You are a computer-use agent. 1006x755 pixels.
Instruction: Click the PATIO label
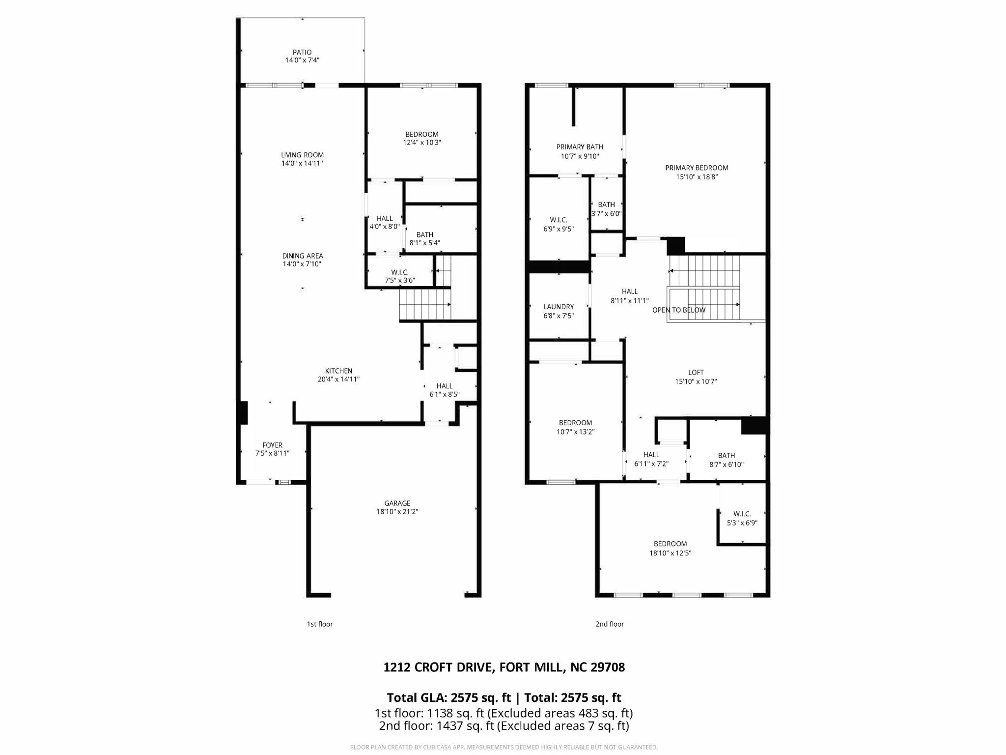click(x=302, y=52)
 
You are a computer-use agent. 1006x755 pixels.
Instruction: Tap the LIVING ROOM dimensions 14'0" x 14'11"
click(x=302, y=163)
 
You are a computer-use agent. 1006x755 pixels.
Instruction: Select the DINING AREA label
click(x=302, y=256)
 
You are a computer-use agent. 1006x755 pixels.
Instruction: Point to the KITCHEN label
click(x=338, y=371)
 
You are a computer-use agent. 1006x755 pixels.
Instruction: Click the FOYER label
click(x=272, y=445)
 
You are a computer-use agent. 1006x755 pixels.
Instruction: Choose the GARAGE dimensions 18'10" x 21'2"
click(x=397, y=512)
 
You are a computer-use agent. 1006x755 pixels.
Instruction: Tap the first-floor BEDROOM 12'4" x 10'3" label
click(x=421, y=134)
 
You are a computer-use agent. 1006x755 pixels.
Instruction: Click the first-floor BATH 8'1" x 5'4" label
click(x=424, y=235)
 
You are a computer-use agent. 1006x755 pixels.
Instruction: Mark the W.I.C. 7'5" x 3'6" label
click(x=399, y=272)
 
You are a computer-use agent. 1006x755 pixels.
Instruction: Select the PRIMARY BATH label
click(x=580, y=147)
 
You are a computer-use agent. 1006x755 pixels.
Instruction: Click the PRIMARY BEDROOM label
click(x=696, y=168)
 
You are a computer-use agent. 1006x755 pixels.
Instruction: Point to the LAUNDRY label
click(x=559, y=307)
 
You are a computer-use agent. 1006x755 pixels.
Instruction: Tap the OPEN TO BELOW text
click(x=678, y=310)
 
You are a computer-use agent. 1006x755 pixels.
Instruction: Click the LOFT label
click(x=696, y=373)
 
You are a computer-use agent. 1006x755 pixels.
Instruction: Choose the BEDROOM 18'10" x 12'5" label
click(x=670, y=544)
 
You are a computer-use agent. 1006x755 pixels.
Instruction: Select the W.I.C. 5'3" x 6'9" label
click(x=742, y=514)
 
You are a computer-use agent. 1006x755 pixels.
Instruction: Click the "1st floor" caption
click(x=320, y=624)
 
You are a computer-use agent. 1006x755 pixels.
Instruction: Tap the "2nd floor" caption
click(x=610, y=624)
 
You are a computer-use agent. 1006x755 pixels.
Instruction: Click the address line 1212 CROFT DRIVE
click(x=503, y=667)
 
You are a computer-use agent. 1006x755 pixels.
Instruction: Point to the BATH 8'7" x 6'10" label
click(x=726, y=456)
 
